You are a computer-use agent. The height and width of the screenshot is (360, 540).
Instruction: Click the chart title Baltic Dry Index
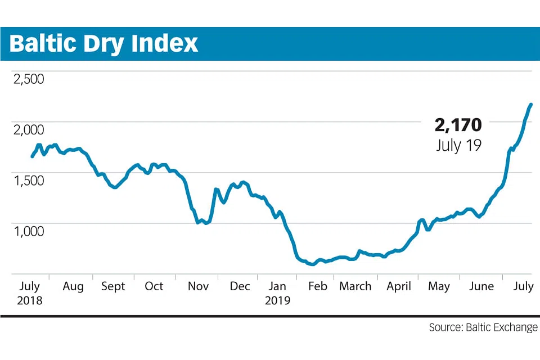(x=104, y=43)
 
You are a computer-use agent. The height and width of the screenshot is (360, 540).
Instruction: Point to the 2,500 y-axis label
(x=28, y=78)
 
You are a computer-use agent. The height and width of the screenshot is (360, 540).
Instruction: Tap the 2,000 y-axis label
(x=28, y=129)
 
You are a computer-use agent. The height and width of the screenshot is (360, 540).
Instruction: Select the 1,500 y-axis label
(x=28, y=180)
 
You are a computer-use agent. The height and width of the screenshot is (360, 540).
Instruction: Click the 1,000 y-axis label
(x=28, y=231)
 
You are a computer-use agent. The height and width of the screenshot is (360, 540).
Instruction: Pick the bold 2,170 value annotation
(x=458, y=125)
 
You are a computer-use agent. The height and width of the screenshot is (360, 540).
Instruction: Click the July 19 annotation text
(x=459, y=145)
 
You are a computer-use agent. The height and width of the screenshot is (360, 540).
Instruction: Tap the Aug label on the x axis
(x=73, y=286)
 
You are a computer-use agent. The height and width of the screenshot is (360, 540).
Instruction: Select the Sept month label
(x=113, y=286)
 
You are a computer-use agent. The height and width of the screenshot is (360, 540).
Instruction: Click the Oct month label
(x=154, y=286)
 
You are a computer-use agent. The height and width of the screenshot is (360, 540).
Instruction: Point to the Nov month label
(x=198, y=286)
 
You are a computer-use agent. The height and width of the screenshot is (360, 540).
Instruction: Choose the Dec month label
(x=240, y=286)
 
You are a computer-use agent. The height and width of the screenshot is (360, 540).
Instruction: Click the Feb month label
(x=317, y=286)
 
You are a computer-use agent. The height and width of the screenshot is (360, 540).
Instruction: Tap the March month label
(x=355, y=286)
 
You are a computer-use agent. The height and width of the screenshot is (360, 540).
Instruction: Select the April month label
(x=399, y=286)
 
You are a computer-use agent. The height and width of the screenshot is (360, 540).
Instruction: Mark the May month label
(x=439, y=286)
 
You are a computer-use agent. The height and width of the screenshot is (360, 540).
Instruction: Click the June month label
(x=481, y=286)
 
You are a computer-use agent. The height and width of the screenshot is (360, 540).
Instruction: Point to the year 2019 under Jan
(x=278, y=300)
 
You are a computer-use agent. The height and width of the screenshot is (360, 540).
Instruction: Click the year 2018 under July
(x=30, y=300)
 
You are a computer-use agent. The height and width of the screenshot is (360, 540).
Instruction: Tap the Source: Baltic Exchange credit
(x=483, y=327)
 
